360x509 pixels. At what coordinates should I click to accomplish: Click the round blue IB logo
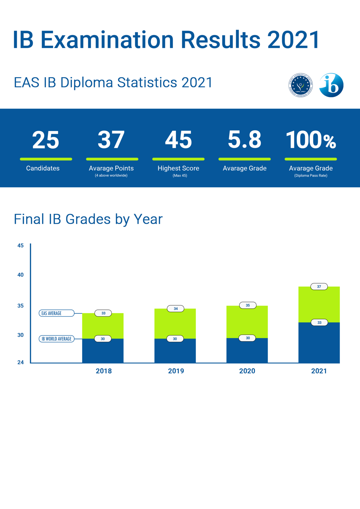(331, 85)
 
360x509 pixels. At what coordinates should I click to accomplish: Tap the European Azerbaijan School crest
(301, 85)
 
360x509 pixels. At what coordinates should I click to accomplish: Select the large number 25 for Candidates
(46, 140)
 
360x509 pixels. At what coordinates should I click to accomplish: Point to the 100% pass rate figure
(311, 140)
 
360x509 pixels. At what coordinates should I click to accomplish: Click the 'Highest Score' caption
(178, 168)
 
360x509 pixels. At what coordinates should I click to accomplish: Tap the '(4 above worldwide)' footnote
(111, 175)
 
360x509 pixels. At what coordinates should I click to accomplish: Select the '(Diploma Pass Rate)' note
(311, 175)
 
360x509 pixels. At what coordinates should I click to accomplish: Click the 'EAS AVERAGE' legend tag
(56, 313)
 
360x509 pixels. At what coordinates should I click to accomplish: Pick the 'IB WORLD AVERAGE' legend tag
(57, 339)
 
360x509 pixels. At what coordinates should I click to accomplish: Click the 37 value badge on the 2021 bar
(319, 287)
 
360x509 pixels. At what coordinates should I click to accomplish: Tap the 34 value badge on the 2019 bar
(176, 309)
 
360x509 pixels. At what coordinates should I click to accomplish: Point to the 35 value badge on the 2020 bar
(248, 305)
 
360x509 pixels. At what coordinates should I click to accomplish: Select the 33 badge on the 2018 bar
(103, 313)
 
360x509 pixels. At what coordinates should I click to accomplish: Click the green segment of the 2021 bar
(319, 305)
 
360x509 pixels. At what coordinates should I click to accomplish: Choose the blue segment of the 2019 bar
(175, 351)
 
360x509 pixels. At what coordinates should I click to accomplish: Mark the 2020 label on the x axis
(247, 371)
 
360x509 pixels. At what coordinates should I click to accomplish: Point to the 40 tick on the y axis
(20, 275)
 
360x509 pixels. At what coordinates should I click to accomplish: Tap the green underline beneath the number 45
(178, 159)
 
